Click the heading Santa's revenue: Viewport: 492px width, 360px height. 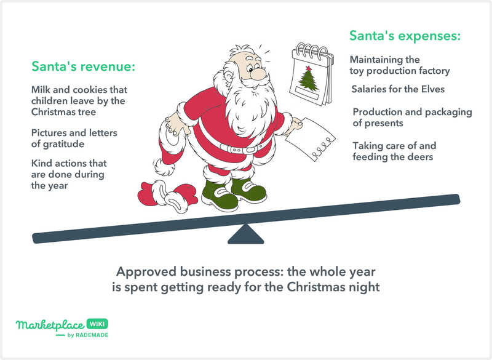(83, 66)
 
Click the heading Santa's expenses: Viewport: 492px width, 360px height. (405, 36)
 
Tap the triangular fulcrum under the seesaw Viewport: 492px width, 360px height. (245, 234)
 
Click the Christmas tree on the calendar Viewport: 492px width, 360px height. (308, 80)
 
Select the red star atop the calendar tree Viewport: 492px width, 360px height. (309, 68)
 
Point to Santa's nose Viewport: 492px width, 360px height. (258, 74)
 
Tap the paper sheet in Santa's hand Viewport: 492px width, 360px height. (309, 138)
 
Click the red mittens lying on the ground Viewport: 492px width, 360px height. (167, 196)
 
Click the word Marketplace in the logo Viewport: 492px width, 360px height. (50, 325)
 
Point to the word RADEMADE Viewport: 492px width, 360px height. (92, 335)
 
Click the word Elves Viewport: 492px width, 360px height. (433, 89)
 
